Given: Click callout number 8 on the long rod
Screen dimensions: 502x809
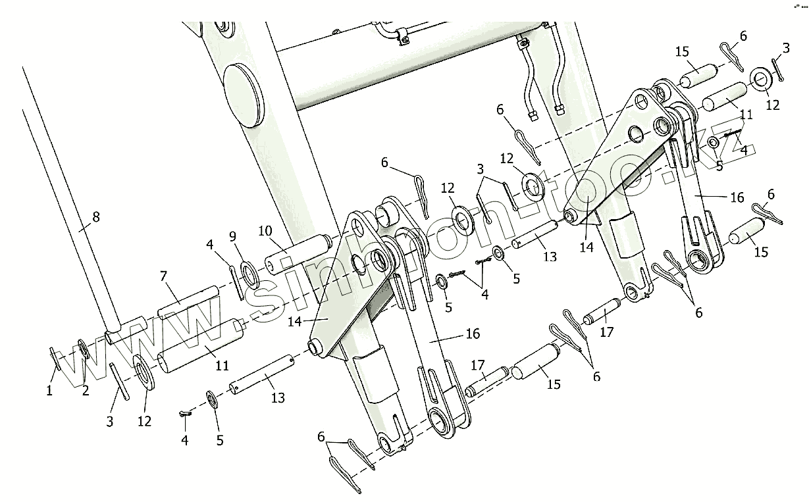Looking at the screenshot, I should pos(95,216).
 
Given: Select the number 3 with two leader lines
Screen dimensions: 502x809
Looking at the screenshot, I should pos(481,169).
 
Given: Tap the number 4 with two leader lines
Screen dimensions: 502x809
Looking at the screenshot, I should pos(484,295).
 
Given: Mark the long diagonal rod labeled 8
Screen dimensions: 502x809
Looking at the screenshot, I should pos(66,197).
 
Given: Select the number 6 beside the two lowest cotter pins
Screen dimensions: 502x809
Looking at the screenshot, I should pos(321,436).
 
